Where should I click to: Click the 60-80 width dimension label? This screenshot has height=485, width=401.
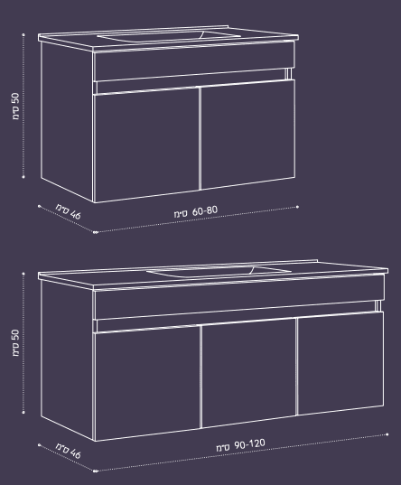196,212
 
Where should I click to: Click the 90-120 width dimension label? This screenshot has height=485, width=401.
240,446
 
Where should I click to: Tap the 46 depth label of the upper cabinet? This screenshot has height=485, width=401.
69,211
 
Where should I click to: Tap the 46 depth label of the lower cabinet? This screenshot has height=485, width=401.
69,451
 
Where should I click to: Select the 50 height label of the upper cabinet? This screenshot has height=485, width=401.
15,106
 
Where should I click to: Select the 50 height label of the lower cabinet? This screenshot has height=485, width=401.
15,342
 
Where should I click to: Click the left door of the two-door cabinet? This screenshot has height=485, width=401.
146,145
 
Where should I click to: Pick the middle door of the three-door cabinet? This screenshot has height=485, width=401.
248,373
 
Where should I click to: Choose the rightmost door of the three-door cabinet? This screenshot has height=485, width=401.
340,363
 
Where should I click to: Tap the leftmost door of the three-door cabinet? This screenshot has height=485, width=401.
146,384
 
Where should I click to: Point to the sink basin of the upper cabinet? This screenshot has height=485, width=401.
169,36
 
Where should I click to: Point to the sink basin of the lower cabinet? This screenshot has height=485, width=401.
219,271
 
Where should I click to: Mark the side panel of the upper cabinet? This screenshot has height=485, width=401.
67,122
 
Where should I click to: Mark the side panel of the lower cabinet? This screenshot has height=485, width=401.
67,360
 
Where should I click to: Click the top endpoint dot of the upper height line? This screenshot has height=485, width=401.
23,34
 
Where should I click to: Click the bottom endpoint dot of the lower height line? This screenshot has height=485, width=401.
23,412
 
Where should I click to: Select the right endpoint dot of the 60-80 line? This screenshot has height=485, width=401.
297,207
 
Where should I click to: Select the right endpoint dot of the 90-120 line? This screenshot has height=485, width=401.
387,434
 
